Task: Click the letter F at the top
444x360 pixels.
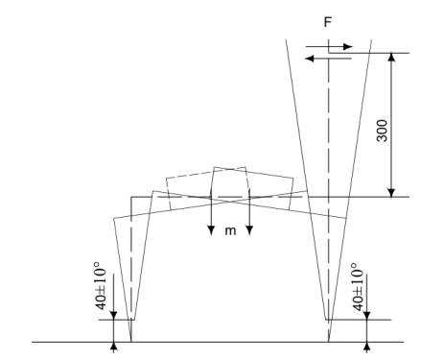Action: (x=328, y=22)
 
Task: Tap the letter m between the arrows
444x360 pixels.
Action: (x=230, y=230)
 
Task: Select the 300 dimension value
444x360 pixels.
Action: (x=382, y=131)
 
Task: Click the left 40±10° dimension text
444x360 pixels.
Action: (x=102, y=286)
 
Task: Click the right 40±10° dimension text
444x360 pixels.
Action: (x=359, y=287)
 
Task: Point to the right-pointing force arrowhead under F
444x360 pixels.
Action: (x=348, y=47)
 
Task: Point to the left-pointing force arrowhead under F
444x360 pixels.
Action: (x=310, y=59)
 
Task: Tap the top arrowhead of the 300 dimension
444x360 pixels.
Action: (x=391, y=58)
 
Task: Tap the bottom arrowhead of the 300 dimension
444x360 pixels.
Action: (x=391, y=192)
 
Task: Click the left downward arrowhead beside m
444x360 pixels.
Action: (x=211, y=230)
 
